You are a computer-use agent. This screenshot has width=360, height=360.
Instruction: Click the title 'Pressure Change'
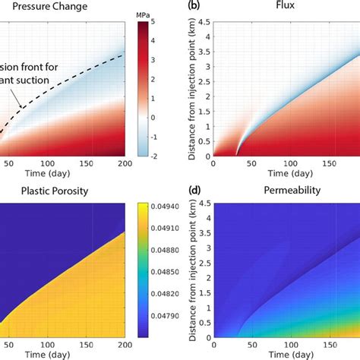(44, 8)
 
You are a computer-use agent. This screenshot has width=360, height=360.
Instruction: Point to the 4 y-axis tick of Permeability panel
(206, 217)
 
